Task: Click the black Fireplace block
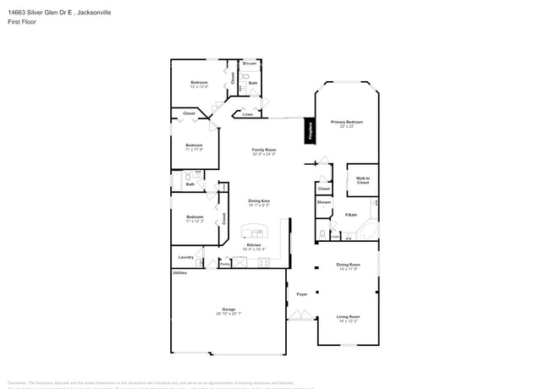310,132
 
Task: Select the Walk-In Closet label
362,180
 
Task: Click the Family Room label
264,151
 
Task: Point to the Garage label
228,310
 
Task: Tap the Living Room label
348,318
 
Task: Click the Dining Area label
259,203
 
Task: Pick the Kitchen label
254,246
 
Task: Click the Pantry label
225,264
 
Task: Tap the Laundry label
186,257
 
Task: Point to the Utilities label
180,273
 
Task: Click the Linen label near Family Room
247,113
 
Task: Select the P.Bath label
350,215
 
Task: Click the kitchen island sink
253,232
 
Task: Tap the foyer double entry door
299,316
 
